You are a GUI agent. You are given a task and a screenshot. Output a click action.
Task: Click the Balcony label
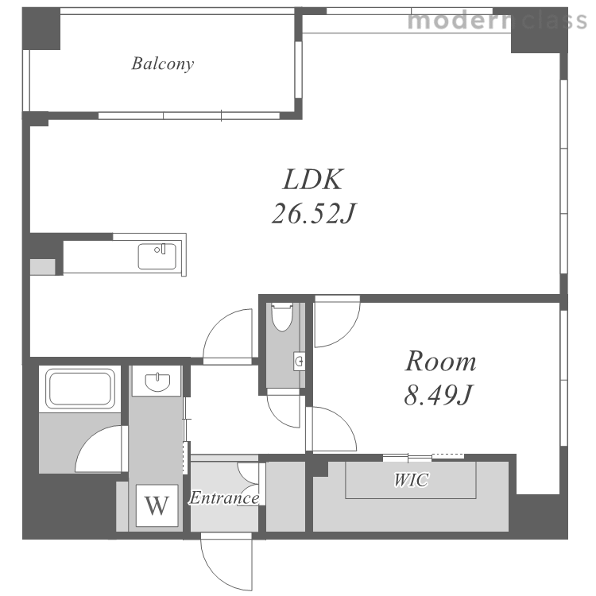pyautogui.click(x=163, y=64)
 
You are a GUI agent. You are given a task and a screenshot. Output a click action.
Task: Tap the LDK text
pyautogui.click(x=313, y=180)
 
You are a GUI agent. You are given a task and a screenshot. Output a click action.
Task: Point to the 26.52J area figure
pyautogui.click(x=314, y=213)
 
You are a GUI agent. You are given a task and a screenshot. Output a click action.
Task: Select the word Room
pyautogui.click(x=440, y=361)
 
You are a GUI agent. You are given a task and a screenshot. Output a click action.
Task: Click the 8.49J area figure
pyautogui.click(x=438, y=394)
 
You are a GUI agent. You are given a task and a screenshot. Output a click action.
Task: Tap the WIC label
pyautogui.click(x=411, y=480)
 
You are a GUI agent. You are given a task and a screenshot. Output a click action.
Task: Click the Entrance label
pyautogui.click(x=224, y=497)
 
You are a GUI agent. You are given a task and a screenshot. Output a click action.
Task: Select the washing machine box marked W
pyautogui.click(x=157, y=505)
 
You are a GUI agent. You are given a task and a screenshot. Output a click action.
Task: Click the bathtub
pyautogui.click(x=80, y=389)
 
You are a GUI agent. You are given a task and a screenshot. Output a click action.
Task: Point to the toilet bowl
pyautogui.click(x=282, y=316)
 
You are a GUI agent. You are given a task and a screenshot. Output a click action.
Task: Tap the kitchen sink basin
pyautogui.click(x=157, y=256)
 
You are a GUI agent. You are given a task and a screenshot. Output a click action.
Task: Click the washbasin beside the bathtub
pyautogui.click(x=157, y=381)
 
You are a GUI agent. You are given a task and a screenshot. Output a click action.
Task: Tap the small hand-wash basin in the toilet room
pyautogui.click(x=299, y=361)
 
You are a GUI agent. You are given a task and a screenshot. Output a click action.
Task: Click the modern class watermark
pyautogui.click(x=497, y=20)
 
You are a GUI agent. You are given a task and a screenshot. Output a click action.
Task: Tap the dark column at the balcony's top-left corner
pyautogui.click(x=41, y=29)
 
